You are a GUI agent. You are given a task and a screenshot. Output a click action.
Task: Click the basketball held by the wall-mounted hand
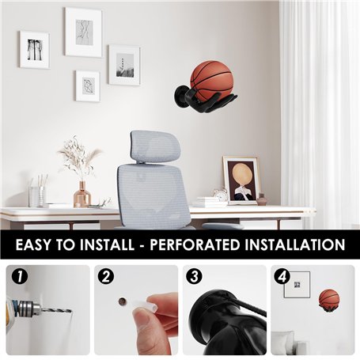[212, 81]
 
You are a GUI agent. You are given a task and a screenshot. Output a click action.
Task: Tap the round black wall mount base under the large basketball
[180, 96]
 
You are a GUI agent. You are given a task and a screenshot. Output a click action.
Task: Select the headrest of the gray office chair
[155, 146]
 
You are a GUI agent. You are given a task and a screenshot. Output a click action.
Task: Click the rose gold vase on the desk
[82, 195]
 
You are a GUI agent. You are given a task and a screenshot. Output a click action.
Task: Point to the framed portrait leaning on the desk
[241, 180]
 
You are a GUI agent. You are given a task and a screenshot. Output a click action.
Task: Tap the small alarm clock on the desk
[221, 194]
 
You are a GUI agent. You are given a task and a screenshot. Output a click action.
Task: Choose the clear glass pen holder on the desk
[37, 196]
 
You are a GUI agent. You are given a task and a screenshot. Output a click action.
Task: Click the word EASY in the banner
[33, 244]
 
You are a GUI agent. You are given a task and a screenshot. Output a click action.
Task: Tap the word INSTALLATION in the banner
[295, 244]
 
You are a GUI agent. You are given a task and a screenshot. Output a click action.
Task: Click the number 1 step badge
[20, 277]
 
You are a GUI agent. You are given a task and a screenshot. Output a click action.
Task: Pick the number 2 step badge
[106, 277]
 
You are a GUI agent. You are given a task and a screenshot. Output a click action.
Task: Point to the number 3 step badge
[194, 277]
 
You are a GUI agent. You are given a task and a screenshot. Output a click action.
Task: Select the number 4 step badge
[282, 277]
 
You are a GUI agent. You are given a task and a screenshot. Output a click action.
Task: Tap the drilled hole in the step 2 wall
[122, 301]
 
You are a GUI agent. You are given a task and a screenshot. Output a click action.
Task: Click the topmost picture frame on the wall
[84, 32]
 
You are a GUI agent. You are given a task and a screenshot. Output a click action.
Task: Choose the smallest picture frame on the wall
[88, 86]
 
